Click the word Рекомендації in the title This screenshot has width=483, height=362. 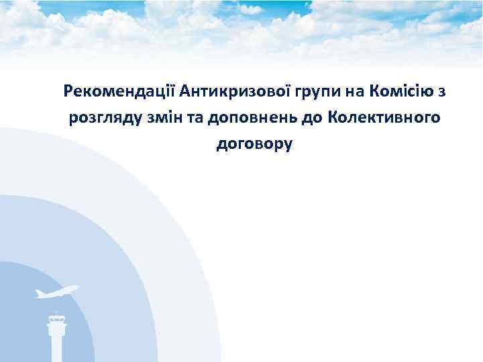pyautogui.click(x=118, y=91)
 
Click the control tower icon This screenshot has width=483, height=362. pyautogui.click(x=57, y=335)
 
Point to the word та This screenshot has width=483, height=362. pyautogui.click(x=197, y=119)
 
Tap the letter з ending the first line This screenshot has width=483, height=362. pyautogui.click(x=443, y=92)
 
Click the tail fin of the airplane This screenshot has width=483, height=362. pyautogui.click(x=38, y=292)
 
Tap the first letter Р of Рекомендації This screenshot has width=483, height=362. pyautogui.click(x=68, y=91)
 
